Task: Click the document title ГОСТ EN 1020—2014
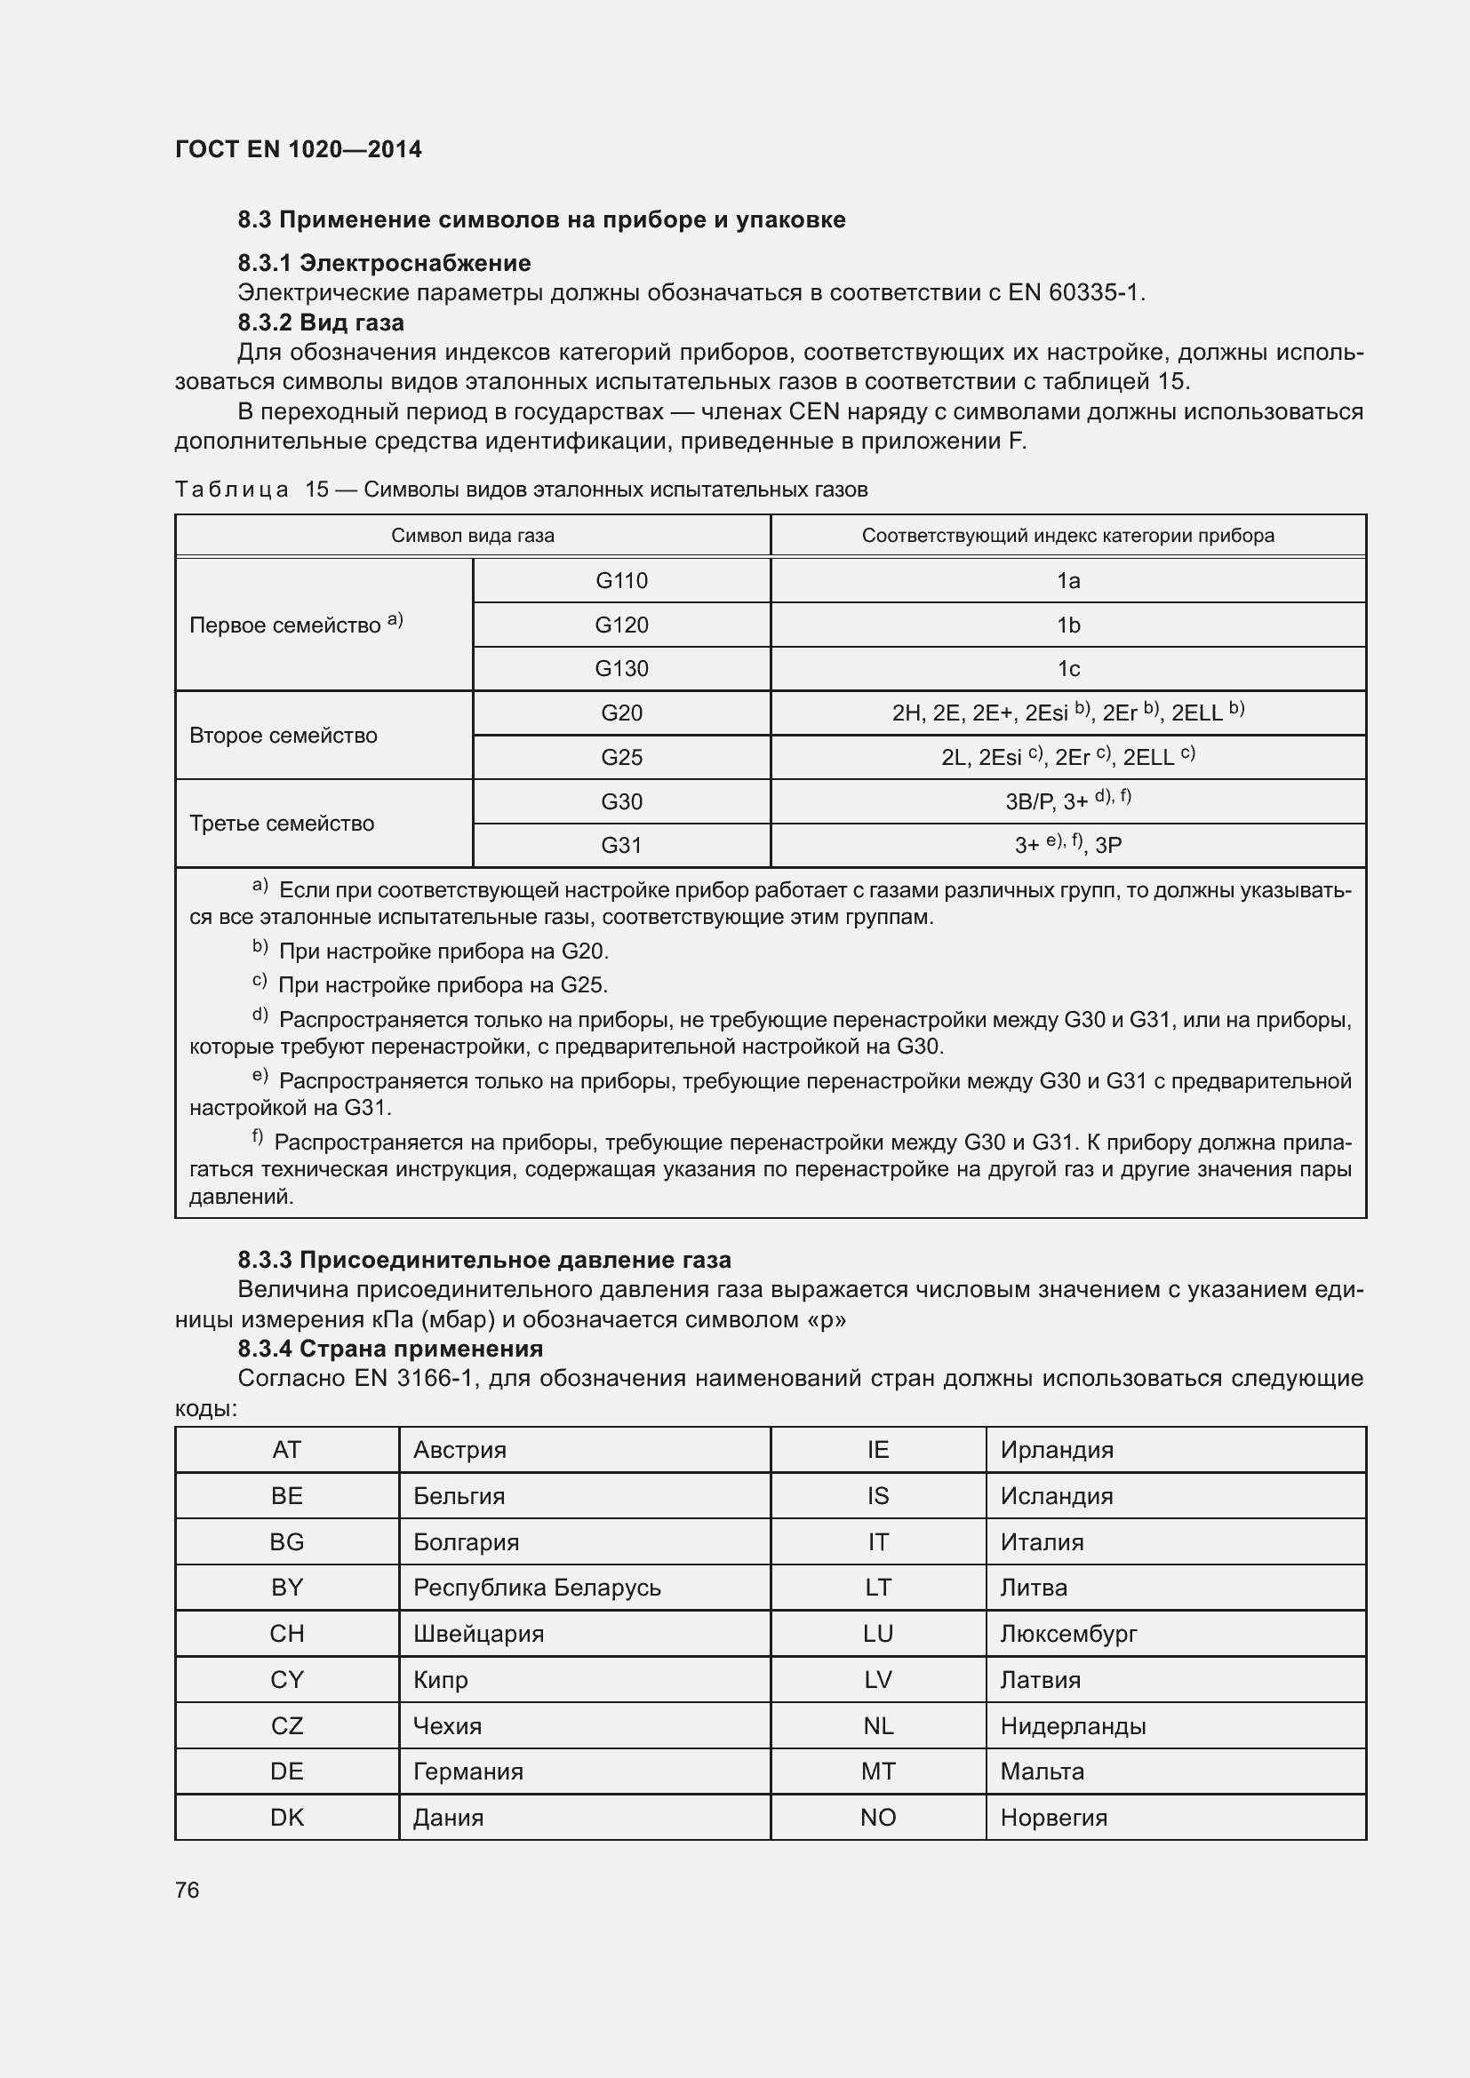click(x=298, y=149)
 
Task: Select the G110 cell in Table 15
click(x=621, y=580)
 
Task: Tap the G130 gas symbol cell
click(x=621, y=668)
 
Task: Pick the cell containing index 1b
click(x=1067, y=625)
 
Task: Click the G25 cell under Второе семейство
click(x=621, y=757)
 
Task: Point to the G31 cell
click(x=621, y=844)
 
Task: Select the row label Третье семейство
click(x=282, y=823)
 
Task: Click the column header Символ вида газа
click(x=472, y=535)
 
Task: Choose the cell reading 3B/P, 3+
click(x=1067, y=800)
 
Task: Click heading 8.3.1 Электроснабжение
click(x=384, y=262)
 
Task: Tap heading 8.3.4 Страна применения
click(x=390, y=1348)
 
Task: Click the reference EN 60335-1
click(x=1075, y=292)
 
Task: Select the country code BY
click(x=286, y=1587)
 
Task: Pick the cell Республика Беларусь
click(x=537, y=1587)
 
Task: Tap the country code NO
click(x=877, y=1817)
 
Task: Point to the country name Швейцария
click(x=478, y=1633)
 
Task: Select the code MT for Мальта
click(x=877, y=1771)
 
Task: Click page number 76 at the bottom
click(x=188, y=1889)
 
